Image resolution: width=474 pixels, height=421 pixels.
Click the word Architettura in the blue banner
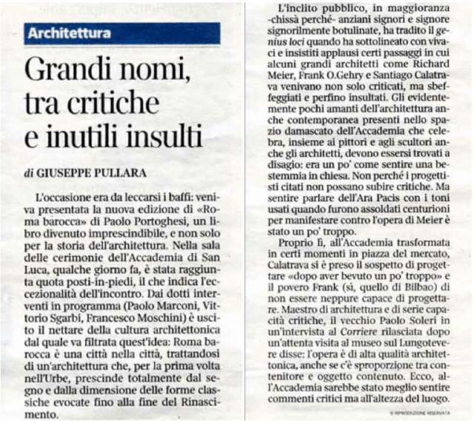(70, 33)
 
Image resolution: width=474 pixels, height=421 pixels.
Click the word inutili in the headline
(86, 138)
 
